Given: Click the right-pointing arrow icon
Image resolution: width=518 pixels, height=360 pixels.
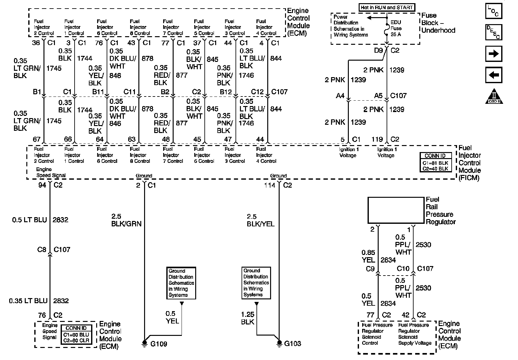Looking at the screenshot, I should pyautogui.click(x=494, y=54).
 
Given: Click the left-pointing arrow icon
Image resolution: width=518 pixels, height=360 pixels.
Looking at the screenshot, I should pyautogui.click(x=494, y=75).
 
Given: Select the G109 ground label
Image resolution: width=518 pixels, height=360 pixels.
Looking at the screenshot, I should pyautogui.click(x=159, y=344).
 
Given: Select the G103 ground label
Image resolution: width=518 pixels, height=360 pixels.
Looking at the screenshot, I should pyautogui.click(x=293, y=343).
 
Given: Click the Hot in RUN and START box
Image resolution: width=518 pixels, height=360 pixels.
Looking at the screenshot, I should pyautogui.click(x=387, y=7).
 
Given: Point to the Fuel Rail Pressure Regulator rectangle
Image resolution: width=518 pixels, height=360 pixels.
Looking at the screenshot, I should pyautogui.click(x=396, y=210).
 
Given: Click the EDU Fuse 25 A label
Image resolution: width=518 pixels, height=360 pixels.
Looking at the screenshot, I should pyautogui.click(x=396, y=28).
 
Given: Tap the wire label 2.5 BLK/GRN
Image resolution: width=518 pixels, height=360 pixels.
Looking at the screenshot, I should pyautogui.click(x=126, y=220).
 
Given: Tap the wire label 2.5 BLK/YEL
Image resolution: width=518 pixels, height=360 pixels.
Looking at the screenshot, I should pyautogui.click(x=261, y=220).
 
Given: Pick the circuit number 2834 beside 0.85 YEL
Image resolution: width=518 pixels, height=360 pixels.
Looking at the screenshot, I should pyautogui.click(x=388, y=260).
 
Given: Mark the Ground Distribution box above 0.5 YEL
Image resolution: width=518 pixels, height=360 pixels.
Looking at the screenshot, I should pyautogui.click(x=181, y=283).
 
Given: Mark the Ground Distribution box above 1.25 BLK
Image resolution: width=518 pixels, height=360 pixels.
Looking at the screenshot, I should pyautogui.click(x=256, y=283).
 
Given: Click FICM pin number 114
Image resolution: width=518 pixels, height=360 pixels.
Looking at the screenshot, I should pyautogui.click(x=270, y=185).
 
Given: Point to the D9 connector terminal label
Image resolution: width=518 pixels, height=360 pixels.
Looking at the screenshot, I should pyautogui.click(x=378, y=50).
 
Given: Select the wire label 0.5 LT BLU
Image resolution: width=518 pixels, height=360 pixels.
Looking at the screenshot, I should pyautogui.click(x=30, y=220).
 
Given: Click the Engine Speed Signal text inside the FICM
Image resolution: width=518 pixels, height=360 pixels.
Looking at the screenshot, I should pyautogui.click(x=51, y=172).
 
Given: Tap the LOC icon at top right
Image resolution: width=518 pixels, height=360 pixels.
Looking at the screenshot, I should pyautogui.click(x=494, y=11).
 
